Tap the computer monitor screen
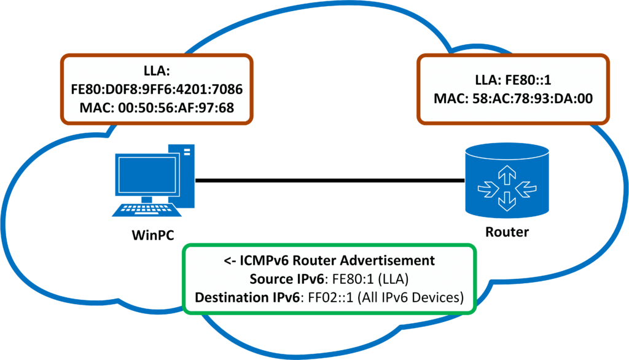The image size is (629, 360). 146,173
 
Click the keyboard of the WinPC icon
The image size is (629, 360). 146,209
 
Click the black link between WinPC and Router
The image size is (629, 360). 329,181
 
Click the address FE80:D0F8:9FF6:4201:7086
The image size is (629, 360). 157,90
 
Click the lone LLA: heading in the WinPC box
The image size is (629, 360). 157,72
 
